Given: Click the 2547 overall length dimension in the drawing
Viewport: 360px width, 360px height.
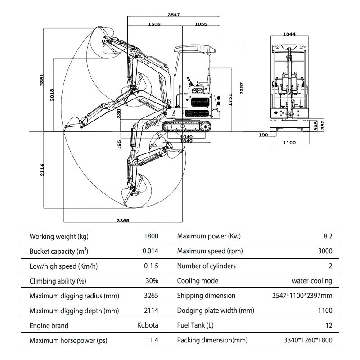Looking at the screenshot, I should (x=174, y=15).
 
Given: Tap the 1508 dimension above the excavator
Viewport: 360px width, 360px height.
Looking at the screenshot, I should (x=154, y=24).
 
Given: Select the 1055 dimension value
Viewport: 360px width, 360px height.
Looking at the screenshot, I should (x=201, y=24).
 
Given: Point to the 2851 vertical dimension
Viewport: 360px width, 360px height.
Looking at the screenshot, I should (x=42, y=80).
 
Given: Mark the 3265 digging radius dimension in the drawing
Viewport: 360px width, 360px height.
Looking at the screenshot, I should (x=123, y=220).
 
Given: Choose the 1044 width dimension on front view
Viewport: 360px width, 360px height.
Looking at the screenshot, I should (x=290, y=34).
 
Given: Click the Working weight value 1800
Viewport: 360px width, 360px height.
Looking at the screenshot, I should (x=151, y=237).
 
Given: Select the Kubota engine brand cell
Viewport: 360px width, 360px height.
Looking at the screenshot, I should (x=148, y=325).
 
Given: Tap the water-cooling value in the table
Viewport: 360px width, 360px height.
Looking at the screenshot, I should (x=312, y=281).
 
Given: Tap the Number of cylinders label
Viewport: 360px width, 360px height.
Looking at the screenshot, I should (x=207, y=266).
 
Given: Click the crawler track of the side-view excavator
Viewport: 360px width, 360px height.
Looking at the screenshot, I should (x=187, y=127).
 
